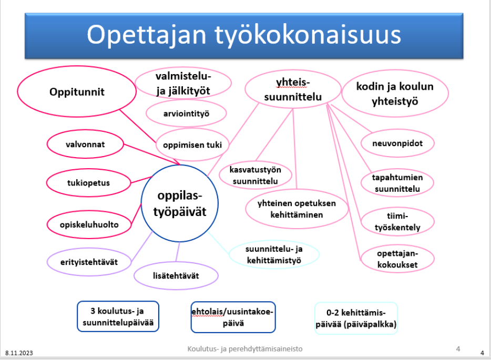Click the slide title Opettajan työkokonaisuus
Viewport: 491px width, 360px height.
[243, 35]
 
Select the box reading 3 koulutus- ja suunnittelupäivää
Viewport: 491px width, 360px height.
[118, 316]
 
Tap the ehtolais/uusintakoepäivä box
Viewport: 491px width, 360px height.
[233, 317]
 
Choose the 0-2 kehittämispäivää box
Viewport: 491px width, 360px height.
[356, 318]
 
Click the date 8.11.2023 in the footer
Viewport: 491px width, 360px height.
[19, 353]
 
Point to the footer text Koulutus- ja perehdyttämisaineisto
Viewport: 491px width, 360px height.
[245, 349]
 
